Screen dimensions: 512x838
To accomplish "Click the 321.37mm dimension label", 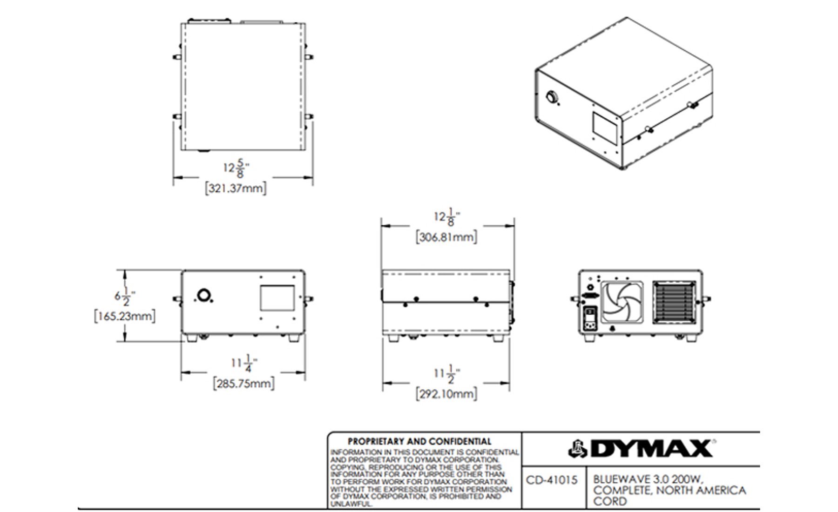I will tap(236, 189).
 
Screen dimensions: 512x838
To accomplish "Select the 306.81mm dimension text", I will tap(446, 237).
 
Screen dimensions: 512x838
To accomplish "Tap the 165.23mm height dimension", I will tap(124, 317).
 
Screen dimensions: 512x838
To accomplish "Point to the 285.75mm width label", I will tap(243, 384).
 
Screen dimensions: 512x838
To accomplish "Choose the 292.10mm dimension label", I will tap(446, 394).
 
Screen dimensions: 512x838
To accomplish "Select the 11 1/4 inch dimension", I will tap(244, 363).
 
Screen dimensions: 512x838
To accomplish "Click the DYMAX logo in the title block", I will tap(641, 449).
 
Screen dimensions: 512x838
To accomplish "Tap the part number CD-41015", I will tap(552, 480).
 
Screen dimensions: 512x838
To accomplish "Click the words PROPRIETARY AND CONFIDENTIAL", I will tap(419, 441).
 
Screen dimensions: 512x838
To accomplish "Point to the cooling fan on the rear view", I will tap(622, 303).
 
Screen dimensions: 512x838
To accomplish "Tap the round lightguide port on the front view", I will tap(203, 295).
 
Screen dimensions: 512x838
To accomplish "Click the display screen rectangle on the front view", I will tap(277, 298).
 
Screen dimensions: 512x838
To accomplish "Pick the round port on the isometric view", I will tap(552, 98).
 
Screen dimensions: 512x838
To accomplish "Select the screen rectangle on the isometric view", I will tap(606, 127).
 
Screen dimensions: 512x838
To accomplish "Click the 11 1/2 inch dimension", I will tap(446, 373).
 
